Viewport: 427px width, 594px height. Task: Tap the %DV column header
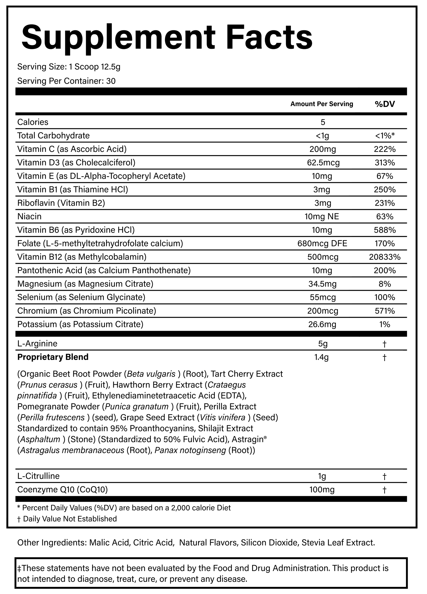click(x=385, y=104)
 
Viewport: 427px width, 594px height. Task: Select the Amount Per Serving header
click(x=322, y=104)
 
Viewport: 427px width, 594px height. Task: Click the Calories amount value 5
click(x=323, y=122)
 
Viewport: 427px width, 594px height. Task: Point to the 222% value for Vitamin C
click(x=385, y=149)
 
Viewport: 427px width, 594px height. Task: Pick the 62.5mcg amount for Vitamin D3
click(x=323, y=163)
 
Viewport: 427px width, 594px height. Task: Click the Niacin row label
click(x=29, y=216)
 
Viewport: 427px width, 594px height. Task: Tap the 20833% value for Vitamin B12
click(x=385, y=257)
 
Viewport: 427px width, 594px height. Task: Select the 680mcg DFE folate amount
click(x=322, y=243)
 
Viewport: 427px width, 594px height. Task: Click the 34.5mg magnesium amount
click(x=323, y=284)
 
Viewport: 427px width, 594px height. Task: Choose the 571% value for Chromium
click(x=385, y=311)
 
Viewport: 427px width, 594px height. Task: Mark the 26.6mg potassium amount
click(x=322, y=325)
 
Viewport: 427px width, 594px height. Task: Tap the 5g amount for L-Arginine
click(x=323, y=344)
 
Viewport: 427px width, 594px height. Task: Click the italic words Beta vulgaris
click(x=151, y=374)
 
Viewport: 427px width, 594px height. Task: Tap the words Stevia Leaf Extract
click(x=338, y=542)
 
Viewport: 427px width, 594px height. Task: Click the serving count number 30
click(x=111, y=81)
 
